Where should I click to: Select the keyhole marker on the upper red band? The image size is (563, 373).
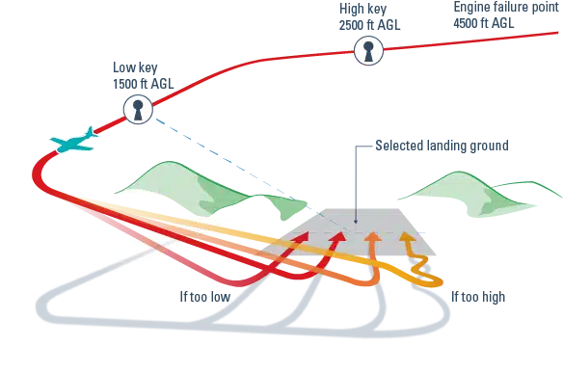[x=367, y=51]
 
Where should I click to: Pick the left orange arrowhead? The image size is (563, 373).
[x=373, y=234]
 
